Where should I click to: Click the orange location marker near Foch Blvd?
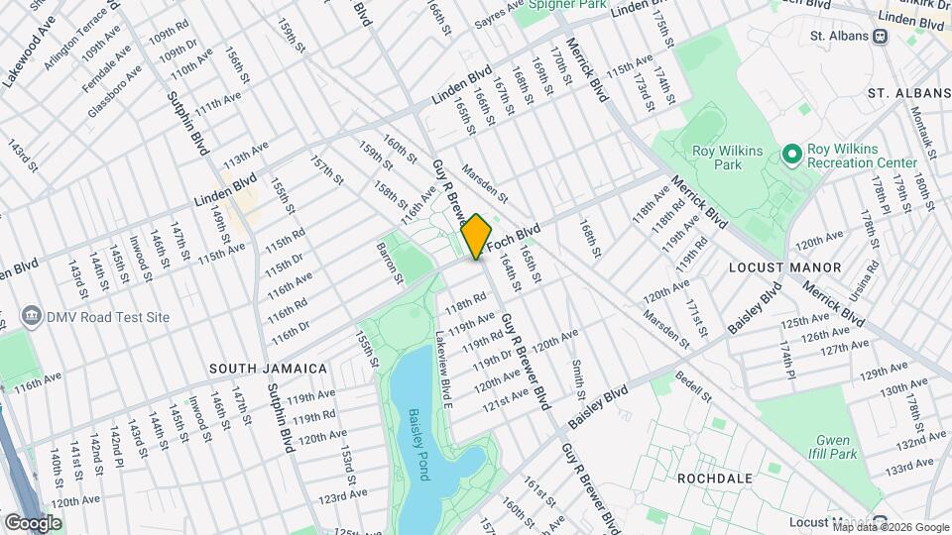476,237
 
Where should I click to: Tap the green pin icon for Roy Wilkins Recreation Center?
791,155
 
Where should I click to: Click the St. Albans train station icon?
879,36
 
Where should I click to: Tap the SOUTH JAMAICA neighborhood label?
268,369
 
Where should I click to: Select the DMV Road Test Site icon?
31,317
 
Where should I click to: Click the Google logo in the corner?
33,522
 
